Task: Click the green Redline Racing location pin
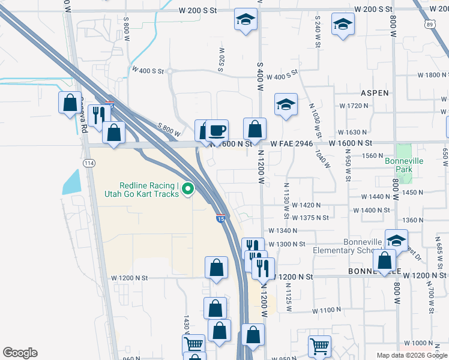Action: (188, 190)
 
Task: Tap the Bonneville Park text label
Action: (404, 165)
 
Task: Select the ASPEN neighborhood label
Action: (375, 93)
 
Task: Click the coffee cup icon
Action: (217, 130)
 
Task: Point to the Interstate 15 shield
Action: (221, 219)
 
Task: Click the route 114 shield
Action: (89, 163)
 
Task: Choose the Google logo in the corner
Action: (20, 353)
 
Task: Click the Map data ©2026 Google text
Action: (412, 355)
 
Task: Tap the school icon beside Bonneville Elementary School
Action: (396, 240)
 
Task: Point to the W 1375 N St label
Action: (315, 217)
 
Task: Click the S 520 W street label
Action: (221, 61)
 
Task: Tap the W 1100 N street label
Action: (327, 311)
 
